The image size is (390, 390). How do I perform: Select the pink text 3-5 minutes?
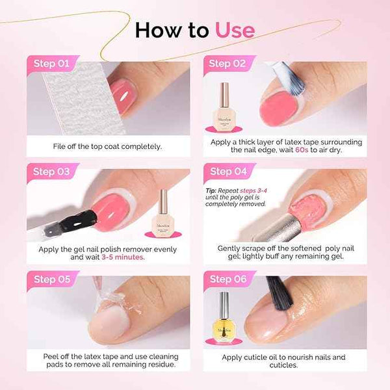(x=123, y=257)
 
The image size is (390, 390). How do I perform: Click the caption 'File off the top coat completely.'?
(x=108, y=146)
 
